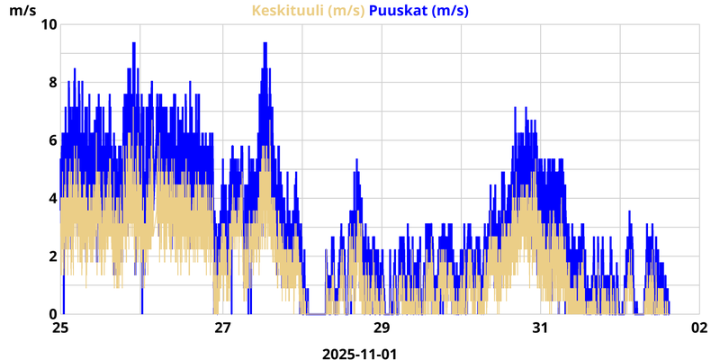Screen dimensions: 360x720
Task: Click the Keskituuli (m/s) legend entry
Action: [x=308, y=11]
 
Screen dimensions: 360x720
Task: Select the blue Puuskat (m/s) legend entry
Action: [x=418, y=11]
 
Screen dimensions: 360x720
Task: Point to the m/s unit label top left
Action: [x=23, y=11]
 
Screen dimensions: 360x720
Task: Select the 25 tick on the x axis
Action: [x=60, y=328]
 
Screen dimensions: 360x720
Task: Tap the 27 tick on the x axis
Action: [x=221, y=328]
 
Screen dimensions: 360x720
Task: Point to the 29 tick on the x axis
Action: [x=381, y=328]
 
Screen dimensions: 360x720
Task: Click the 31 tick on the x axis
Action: [x=541, y=328]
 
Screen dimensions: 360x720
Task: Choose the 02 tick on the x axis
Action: [x=701, y=328]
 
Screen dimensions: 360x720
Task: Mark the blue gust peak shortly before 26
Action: [x=133, y=44]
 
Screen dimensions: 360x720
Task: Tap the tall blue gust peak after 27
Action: [x=265, y=44]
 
